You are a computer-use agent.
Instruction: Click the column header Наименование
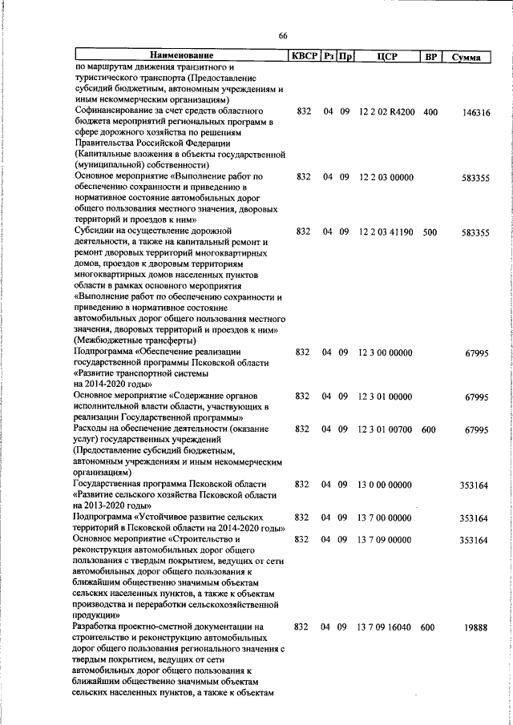180,56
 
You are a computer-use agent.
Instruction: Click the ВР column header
430,56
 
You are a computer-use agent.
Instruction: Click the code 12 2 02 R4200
386,114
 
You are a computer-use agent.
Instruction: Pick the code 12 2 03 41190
386,232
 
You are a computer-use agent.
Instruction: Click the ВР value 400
430,114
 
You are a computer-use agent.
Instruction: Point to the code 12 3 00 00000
385,352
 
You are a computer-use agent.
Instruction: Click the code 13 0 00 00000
385,485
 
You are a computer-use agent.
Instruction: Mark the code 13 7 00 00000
385,518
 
